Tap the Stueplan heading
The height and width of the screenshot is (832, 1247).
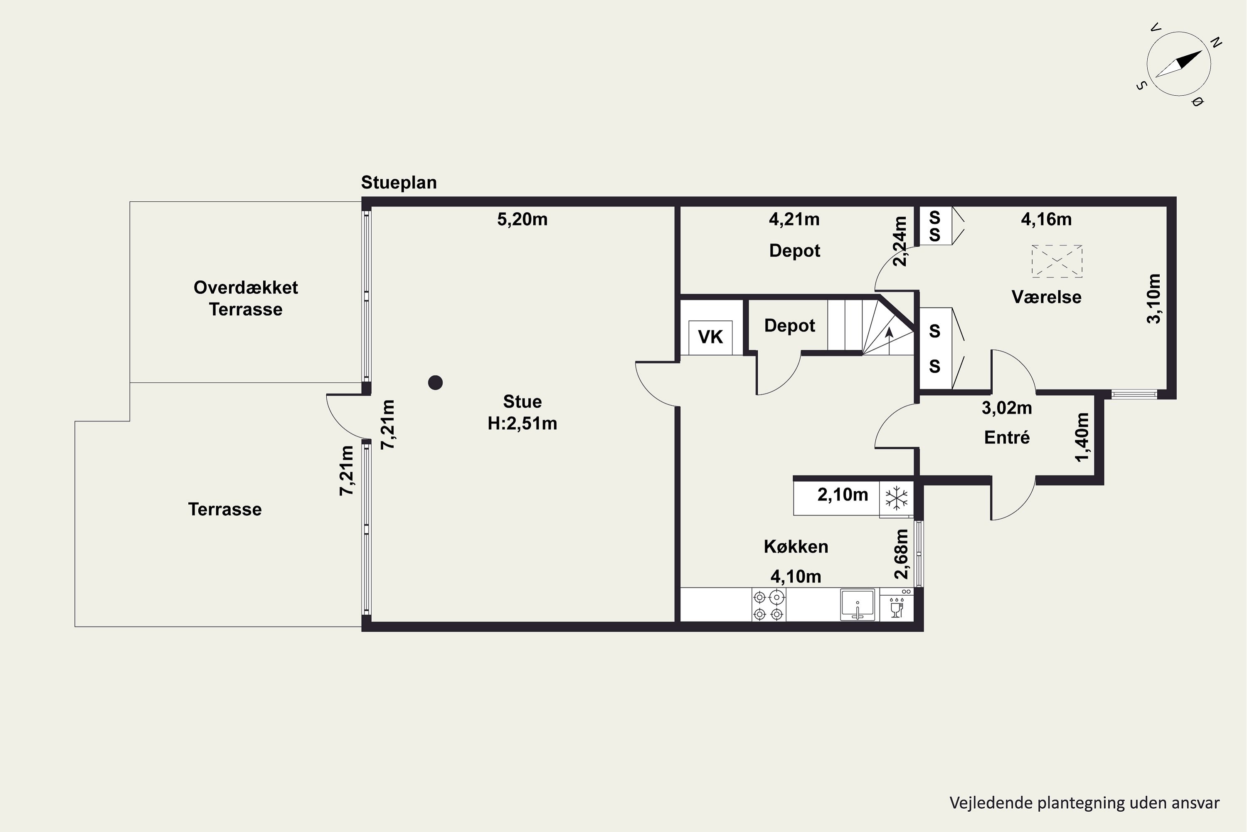tap(399, 183)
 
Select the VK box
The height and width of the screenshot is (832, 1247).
tap(710, 337)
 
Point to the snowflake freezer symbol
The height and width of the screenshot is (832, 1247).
tap(896, 499)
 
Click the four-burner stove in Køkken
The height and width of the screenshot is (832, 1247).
tap(768, 605)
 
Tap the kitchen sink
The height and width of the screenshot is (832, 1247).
tap(857, 604)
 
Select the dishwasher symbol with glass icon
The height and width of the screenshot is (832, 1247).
tap(897, 605)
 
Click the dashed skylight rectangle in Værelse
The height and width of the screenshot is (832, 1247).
tap(1057, 261)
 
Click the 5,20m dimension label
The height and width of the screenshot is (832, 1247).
tap(522, 219)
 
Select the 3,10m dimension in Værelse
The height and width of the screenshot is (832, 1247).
tap(1154, 299)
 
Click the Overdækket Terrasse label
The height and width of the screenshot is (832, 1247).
tap(246, 298)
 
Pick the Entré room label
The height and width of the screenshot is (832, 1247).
tap(1007, 437)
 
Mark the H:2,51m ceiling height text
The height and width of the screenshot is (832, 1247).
tap(522, 423)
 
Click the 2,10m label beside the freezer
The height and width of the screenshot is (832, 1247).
tap(843, 495)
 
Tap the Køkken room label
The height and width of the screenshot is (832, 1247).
tap(796, 547)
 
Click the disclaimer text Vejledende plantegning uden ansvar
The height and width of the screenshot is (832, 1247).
tap(1084, 803)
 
